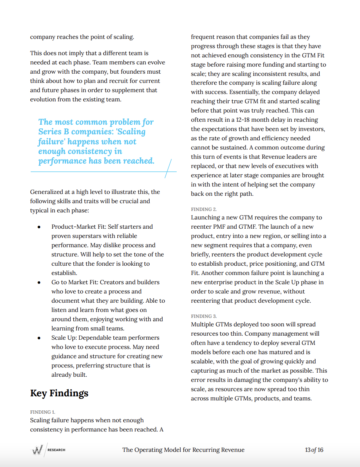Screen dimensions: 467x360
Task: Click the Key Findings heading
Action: coord(59,393)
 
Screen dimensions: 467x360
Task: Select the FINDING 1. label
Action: coord(43,412)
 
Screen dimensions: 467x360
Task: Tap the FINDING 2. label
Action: coord(204,209)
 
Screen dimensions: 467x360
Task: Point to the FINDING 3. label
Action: coord(204,316)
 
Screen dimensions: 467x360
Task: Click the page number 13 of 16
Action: coord(314,450)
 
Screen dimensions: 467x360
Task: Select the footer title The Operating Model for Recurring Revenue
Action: coord(183,450)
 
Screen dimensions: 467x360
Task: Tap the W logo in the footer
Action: coord(37,450)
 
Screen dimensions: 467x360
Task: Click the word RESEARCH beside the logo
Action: coord(56,450)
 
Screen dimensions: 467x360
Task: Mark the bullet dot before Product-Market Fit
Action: coord(39,227)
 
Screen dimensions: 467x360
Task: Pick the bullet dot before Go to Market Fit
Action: coord(39,282)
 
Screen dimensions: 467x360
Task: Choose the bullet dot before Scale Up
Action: coord(39,338)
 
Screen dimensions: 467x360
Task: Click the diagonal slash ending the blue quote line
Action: coord(168,168)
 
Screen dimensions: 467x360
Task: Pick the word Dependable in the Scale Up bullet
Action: coord(96,338)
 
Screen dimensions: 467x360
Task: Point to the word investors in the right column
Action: coord(312,129)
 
